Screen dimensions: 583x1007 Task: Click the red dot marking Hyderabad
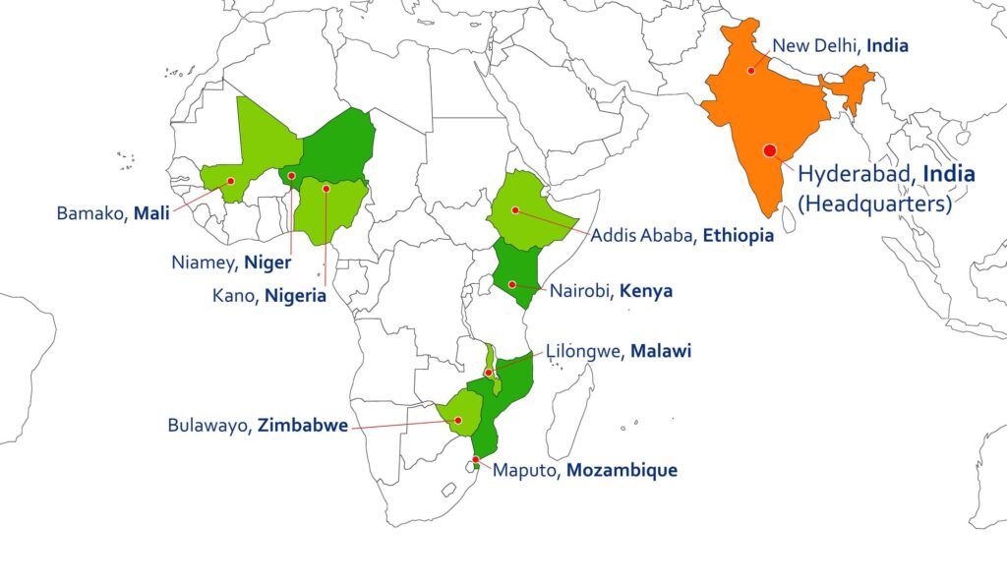769,149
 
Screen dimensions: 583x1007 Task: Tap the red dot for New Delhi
751,70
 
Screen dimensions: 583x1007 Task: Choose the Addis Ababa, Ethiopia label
681,236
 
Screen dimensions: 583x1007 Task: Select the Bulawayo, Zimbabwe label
258,427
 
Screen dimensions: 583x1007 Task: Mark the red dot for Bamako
230,181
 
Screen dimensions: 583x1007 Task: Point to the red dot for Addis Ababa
515,209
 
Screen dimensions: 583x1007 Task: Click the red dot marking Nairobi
512,284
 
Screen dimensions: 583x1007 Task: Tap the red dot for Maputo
475,460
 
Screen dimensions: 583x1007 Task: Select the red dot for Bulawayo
458,420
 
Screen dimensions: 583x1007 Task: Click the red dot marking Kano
326,188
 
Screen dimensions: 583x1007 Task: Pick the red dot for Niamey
291,176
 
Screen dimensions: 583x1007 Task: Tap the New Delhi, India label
840,45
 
